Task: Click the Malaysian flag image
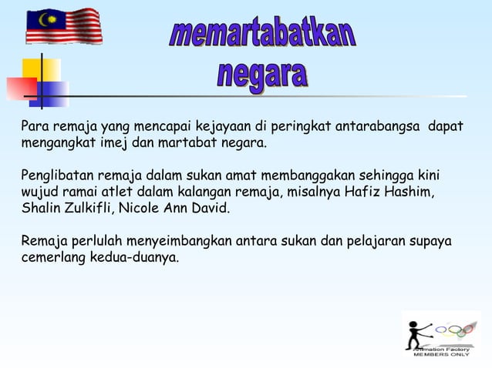[63, 26]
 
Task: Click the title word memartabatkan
[262, 34]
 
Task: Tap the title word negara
[262, 75]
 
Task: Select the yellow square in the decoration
[42, 69]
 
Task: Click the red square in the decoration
[21, 88]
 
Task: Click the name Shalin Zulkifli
[66, 208]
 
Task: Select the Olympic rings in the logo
[456, 330]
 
